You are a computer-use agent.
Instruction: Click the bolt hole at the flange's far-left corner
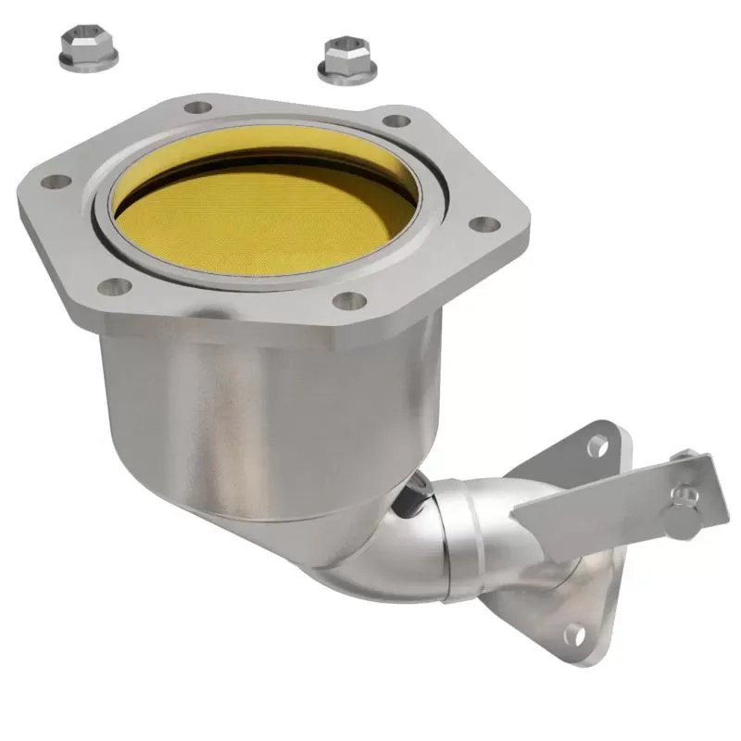(x=55, y=182)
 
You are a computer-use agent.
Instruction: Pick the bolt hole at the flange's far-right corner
(x=483, y=224)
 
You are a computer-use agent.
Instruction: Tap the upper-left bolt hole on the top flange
(x=197, y=107)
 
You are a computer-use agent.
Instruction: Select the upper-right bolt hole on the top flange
(x=396, y=120)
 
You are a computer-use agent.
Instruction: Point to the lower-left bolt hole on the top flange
(x=114, y=286)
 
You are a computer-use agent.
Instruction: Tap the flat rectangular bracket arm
(x=602, y=500)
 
